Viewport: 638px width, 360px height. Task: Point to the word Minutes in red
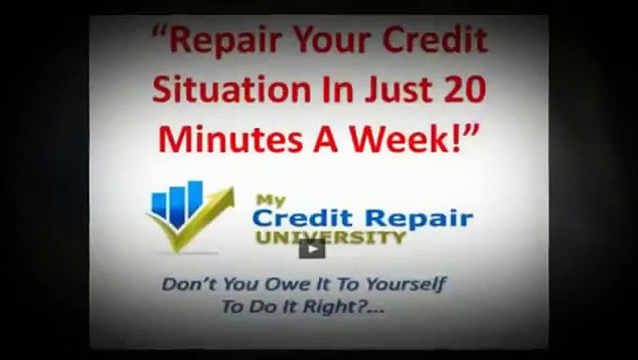pyautogui.click(x=230, y=139)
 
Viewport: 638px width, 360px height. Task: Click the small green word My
pyautogui.click(x=271, y=201)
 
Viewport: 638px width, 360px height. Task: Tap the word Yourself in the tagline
pyautogui.click(x=405, y=285)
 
